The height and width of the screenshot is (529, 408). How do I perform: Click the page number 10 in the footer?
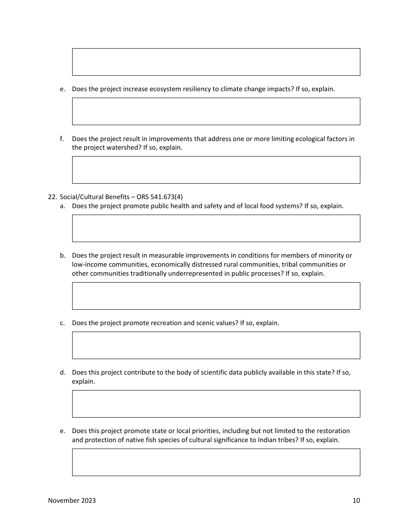click(356, 500)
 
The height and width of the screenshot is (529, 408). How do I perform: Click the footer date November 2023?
click(72, 500)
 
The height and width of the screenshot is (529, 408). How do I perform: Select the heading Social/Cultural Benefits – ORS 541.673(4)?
click(121, 197)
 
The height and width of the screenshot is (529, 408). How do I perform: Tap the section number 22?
click(52, 197)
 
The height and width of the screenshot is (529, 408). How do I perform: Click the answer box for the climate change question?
click(216, 111)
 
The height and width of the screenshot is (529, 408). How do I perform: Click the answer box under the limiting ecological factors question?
click(216, 170)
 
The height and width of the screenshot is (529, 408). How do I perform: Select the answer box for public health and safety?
click(216, 228)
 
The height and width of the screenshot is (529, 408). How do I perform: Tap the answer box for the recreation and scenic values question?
click(216, 345)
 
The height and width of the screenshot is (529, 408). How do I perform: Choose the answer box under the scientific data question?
click(216, 404)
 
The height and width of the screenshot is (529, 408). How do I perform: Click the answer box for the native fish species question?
click(216, 462)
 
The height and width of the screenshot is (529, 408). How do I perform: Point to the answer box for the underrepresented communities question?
click(216, 296)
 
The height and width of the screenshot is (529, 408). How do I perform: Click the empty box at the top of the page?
click(216, 62)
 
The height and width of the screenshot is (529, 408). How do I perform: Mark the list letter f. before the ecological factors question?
click(62, 138)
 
